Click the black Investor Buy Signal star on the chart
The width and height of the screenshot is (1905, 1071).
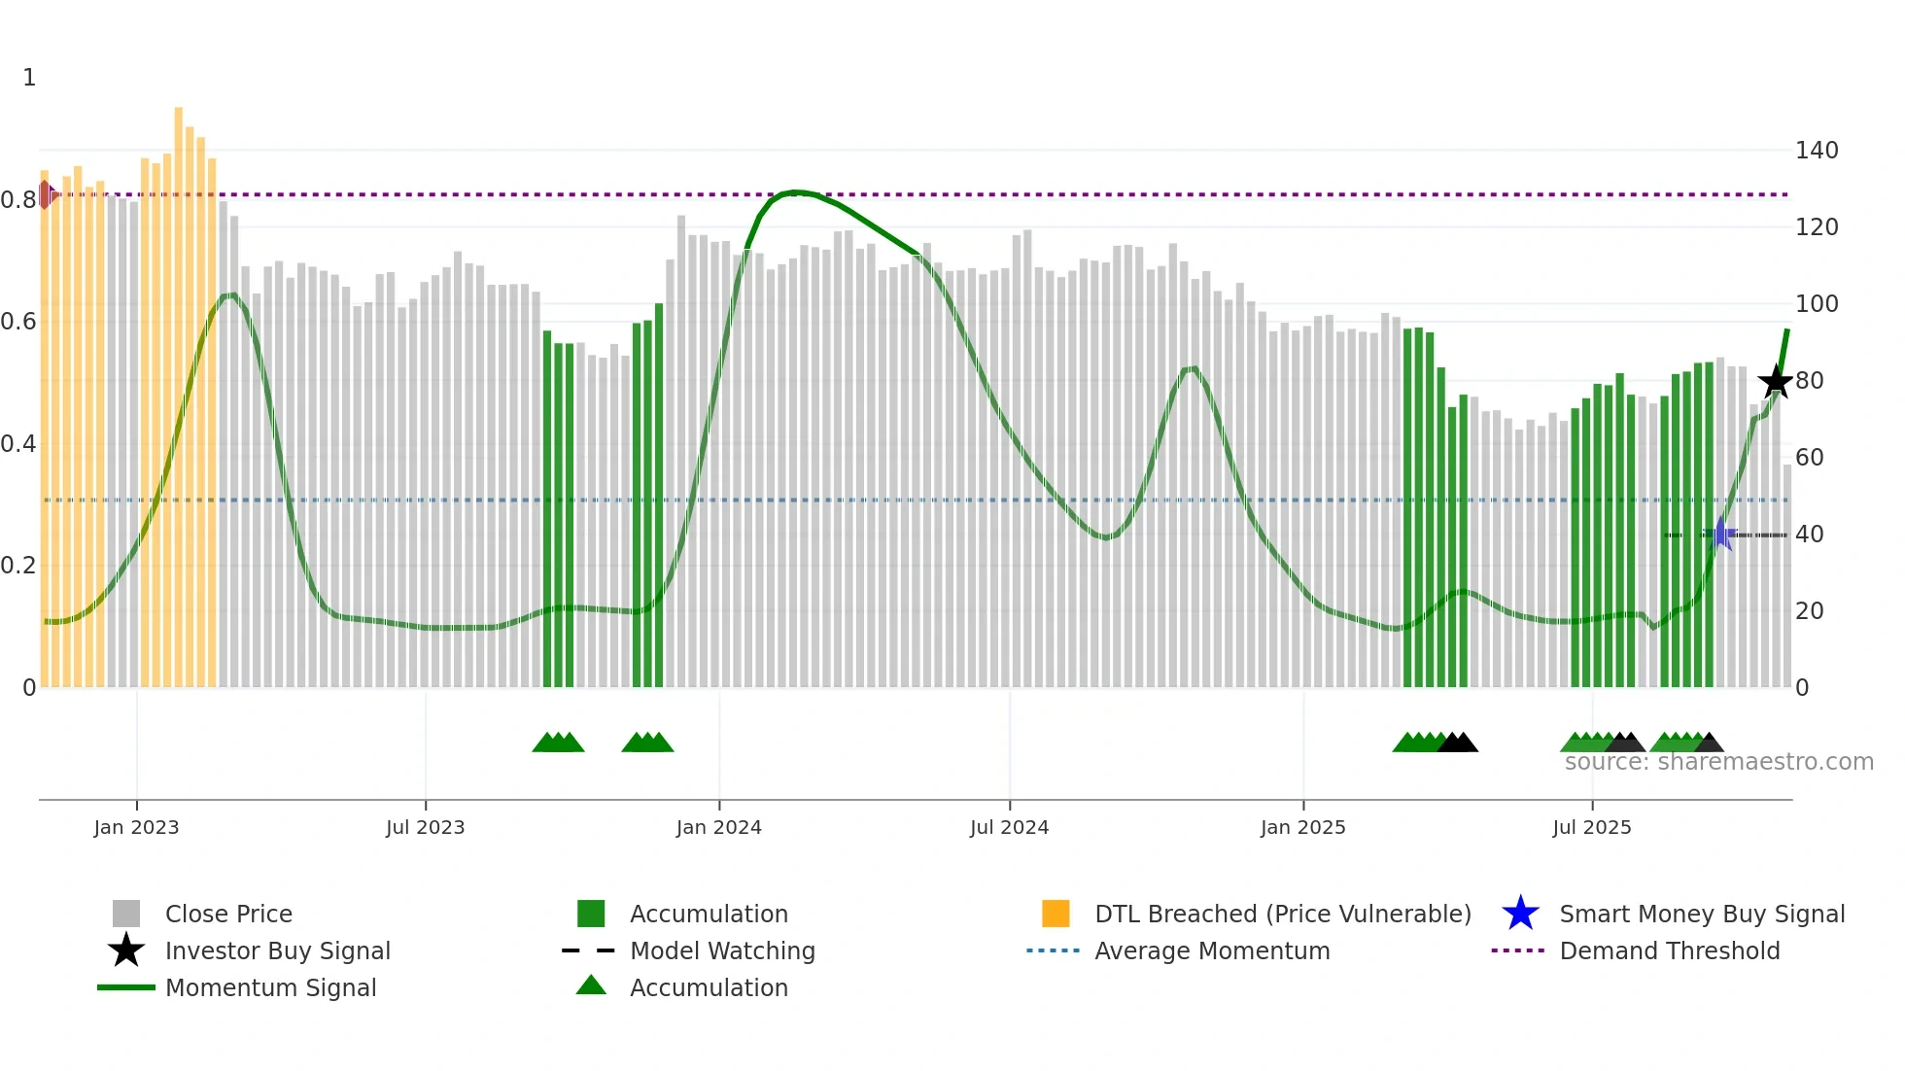pyautogui.click(x=1776, y=381)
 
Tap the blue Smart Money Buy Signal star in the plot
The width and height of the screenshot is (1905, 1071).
pyautogui.click(x=1720, y=534)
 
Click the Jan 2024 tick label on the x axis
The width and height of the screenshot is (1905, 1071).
pyautogui.click(x=718, y=827)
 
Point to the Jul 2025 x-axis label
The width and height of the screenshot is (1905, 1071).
pyautogui.click(x=1591, y=827)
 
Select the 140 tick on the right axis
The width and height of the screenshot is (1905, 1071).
pyautogui.click(x=1816, y=151)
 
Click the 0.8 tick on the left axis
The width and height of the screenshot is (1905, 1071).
pyautogui.click(x=18, y=200)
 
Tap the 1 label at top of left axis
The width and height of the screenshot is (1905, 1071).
pyautogui.click(x=29, y=78)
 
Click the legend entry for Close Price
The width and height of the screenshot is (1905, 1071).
pyautogui.click(x=227, y=914)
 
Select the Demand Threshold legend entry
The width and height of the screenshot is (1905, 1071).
pyautogui.click(x=1669, y=950)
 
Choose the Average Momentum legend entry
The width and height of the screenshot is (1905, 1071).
pyautogui.click(x=1211, y=950)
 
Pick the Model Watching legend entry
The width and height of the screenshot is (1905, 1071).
pyautogui.click(x=721, y=950)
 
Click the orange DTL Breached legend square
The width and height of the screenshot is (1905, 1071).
pyautogui.click(x=1055, y=914)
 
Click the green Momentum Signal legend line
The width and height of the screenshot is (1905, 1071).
pyautogui.click(x=126, y=987)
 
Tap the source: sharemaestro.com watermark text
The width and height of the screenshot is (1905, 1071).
pyautogui.click(x=1718, y=762)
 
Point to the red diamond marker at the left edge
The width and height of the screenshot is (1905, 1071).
pyautogui.click(x=46, y=194)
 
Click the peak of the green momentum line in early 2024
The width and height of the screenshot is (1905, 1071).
pyautogui.click(x=795, y=192)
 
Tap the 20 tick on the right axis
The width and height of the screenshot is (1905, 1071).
pyautogui.click(x=1809, y=611)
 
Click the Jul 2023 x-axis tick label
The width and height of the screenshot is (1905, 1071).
pyautogui.click(x=425, y=827)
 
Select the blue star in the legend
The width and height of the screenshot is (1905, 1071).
pyautogui.click(x=1520, y=914)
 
